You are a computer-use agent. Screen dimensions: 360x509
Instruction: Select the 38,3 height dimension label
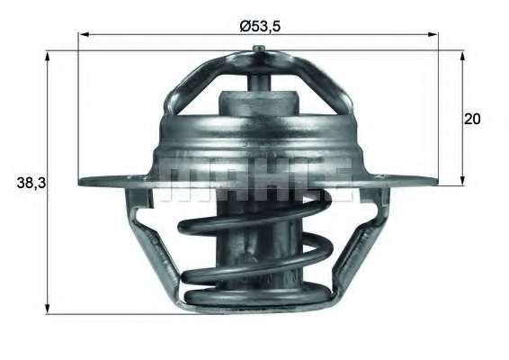30,183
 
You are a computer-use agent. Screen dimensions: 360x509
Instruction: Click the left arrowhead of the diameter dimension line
84,37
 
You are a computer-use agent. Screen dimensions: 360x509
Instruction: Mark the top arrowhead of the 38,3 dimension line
47,55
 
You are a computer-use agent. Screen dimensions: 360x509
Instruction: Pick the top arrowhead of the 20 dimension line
462,55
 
